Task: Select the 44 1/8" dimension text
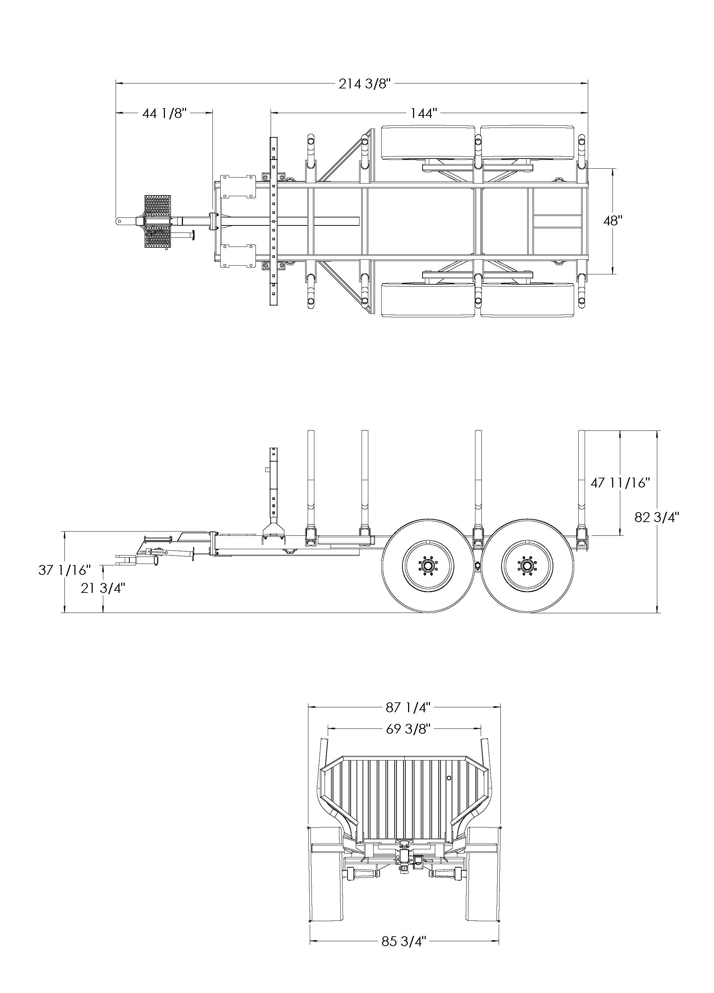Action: pyautogui.click(x=165, y=113)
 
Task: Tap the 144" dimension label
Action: pyautogui.click(x=424, y=113)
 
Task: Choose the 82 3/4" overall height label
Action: pyautogui.click(x=657, y=517)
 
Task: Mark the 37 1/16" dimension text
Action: pyautogui.click(x=64, y=570)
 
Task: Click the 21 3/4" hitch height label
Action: pyautogui.click(x=103, y=588)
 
